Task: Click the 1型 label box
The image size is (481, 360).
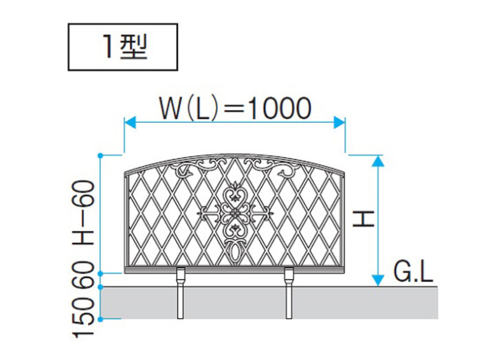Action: coord(123,47)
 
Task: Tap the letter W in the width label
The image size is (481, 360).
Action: coord(171,109)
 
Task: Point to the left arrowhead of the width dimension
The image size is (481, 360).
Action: coord(130,122)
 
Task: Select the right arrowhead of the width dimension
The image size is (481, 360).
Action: coord(339,122)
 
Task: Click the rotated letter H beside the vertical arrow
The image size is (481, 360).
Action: coord(363,218)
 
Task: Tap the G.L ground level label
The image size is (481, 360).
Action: coord(413,272)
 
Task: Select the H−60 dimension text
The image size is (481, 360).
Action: coord(83,212)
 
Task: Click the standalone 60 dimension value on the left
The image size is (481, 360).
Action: coord(83,274)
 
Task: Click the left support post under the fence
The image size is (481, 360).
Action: coord(180,293)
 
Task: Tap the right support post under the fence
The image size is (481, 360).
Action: coord(289,293)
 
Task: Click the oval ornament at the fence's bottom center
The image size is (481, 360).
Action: coord(235,253)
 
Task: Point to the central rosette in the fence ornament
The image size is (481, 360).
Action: coord(235,213)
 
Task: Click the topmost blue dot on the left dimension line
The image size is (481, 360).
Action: coord(100,155)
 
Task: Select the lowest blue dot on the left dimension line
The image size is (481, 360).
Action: coord(100,319)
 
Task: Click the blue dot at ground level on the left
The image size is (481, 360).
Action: coord(100,286)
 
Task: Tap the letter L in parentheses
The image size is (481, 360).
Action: coord(203,109)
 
